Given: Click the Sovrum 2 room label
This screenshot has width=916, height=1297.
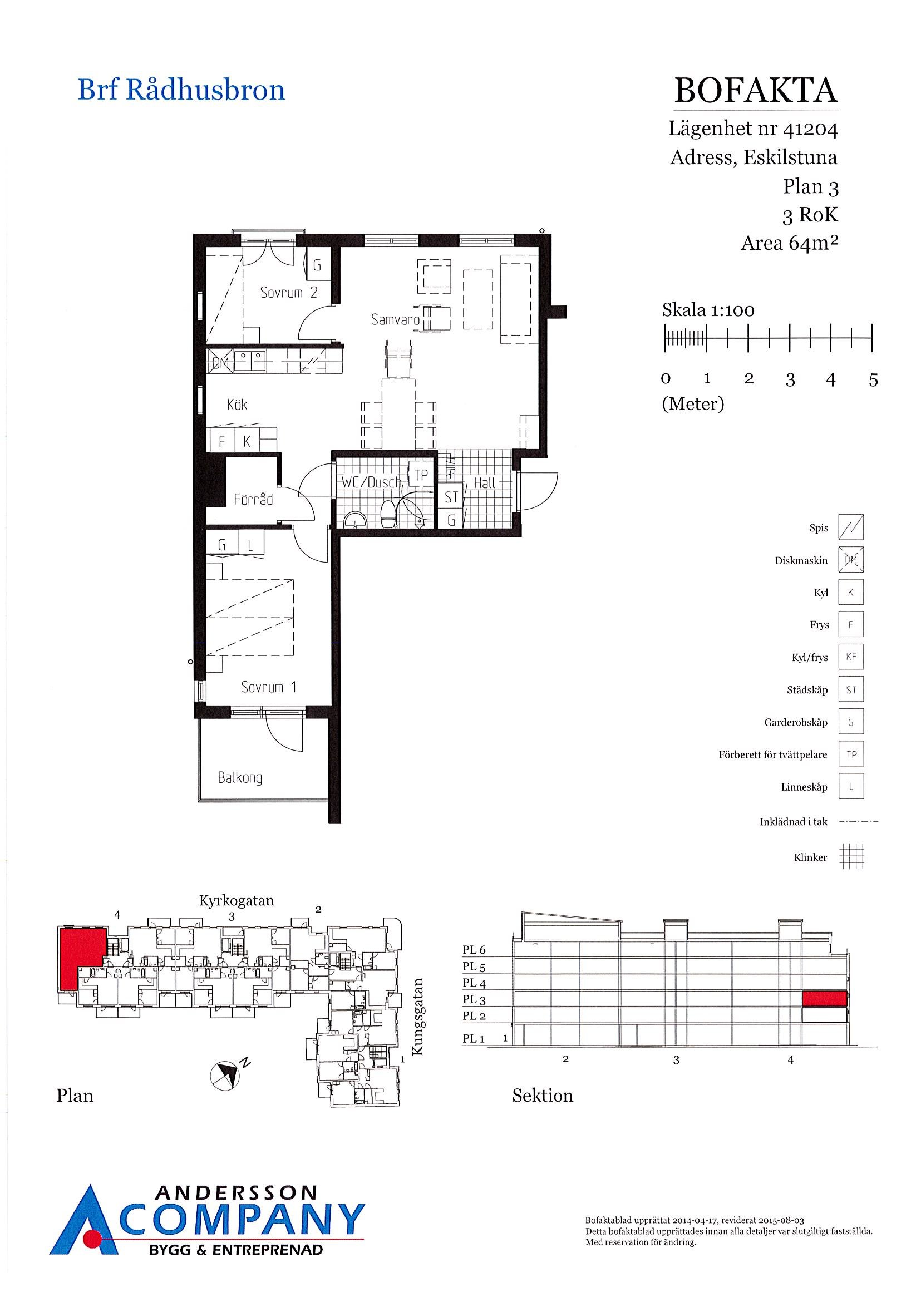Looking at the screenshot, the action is pos(289,292).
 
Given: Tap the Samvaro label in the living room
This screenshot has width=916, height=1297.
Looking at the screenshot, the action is pos(395,320).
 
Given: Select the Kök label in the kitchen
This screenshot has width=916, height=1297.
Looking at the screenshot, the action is pos(237,405).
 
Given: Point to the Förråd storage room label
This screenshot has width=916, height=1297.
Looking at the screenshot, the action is pos(253,499).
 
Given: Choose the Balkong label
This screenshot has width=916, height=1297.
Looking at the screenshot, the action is pos(240,778).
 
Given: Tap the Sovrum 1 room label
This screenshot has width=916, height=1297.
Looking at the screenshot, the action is pos(268,687).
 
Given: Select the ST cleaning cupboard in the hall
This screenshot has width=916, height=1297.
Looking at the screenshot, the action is pos(451,497).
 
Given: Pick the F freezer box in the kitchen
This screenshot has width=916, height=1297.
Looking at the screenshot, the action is pos(222,441).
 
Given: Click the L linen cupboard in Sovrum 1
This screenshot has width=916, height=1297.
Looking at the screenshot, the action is pos(250,545).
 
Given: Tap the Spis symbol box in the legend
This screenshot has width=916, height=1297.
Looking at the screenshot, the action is pos(850,527).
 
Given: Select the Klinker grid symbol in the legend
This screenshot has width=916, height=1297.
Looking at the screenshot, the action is pos(851,857).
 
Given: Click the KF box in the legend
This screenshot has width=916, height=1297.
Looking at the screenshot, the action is pos(850,657).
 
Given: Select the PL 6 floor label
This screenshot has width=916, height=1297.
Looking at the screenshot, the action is pos(474,951).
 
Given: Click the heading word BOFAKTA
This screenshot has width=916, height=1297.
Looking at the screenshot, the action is pos(756,90).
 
